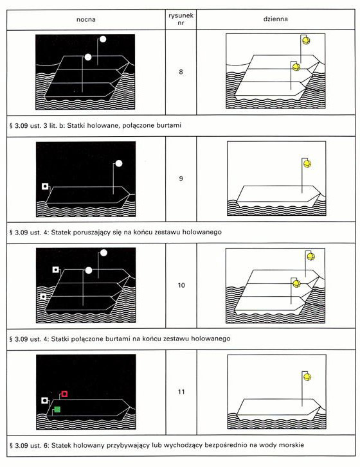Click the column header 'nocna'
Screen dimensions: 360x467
pos(86,20)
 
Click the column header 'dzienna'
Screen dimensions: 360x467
pos(275,19)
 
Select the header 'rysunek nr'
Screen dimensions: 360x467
pos(181,19)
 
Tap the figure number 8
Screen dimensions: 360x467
pos(181,72)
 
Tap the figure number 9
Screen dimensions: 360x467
pos(181,179)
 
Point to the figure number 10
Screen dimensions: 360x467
pos(181,285)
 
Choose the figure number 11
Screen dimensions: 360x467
pos(181,392)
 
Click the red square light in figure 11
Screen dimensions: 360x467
pos(64,394)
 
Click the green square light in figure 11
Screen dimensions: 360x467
pos(57,409)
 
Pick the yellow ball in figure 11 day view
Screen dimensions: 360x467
pos(307,377)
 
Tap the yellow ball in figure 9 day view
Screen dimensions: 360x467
pos(307,164)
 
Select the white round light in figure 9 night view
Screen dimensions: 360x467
pos(119,163)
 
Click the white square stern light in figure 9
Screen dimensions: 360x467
pos(45,186)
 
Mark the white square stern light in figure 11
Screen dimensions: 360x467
pos(45,400)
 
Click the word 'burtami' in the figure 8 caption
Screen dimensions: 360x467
pos(169,125)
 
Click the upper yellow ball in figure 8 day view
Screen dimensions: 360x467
pos(306,40)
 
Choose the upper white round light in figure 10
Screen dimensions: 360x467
pos(104,253)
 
